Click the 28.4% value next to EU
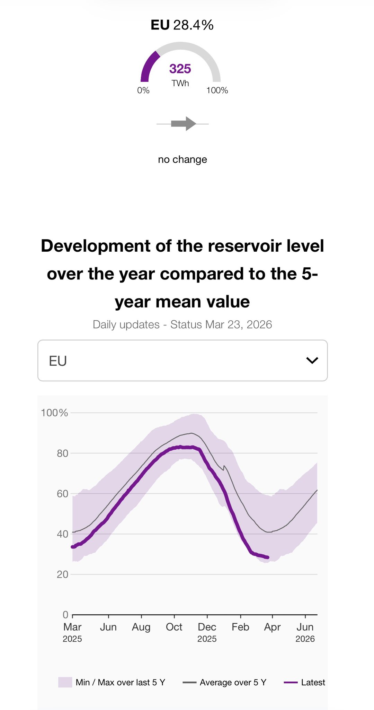click(x=193, y=25)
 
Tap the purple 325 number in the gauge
click(x=180, y=69)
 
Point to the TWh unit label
click(x=180, y=83)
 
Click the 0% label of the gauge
click(x=143, y=90)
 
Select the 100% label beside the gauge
click(x=217, y=90)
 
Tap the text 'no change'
click(x=182, y=159)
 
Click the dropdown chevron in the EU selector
click(x=312, y=361)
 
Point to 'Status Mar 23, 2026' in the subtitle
click(x=221, y=324)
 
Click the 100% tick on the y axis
click(x=54, y=413)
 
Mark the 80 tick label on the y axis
click(x=62, y=453)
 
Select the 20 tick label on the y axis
click(x=62, y=574)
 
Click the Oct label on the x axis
click(x=174, y=627)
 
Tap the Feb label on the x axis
click(x=240, y=627)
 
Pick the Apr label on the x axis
click(x=272, y=627)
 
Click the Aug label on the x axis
click(x=141, y=627)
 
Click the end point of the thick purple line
click(x=268, y=557)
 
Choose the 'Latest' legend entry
click(x=313, y=682)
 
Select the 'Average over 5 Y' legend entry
click(x=233, y=682)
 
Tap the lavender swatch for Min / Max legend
click(x=65, y=682)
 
